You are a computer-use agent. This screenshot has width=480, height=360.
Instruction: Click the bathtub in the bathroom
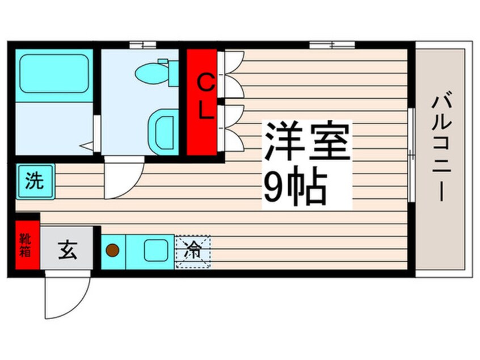55,74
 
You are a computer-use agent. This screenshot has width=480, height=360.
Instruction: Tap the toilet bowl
151,73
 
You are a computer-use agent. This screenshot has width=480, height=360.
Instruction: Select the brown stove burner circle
113,249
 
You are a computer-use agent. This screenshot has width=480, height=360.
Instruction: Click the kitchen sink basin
154,250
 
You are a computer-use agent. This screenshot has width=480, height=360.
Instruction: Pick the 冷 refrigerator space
193,251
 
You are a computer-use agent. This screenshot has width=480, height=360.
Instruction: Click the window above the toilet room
142,45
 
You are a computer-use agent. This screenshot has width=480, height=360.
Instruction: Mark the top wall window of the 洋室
332,45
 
